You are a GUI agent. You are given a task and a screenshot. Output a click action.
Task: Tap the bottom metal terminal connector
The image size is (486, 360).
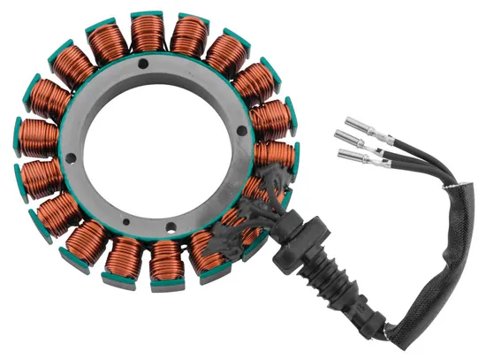352,157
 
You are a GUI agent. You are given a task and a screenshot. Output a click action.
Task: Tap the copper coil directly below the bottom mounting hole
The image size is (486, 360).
164,260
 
